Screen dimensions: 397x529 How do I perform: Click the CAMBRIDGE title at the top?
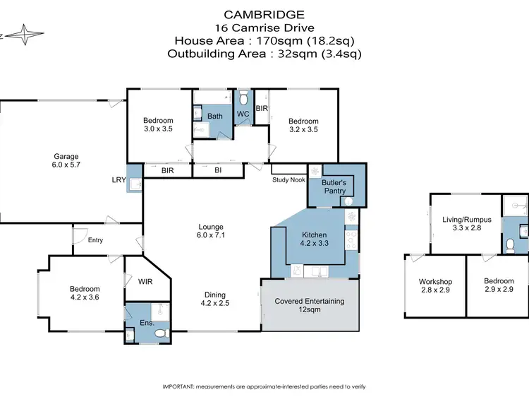[x=264, y=13]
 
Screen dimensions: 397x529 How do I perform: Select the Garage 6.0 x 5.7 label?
[x=67, y=161]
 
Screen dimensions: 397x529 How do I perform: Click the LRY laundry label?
[x=118, y=180]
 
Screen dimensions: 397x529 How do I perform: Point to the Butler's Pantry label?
[x=334, y=186]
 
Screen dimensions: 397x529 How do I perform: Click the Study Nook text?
[x=289, y=179]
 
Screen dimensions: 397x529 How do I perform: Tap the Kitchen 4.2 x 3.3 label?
[x=314, y=239]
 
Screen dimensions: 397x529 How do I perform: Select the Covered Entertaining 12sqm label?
[x=310, y=305]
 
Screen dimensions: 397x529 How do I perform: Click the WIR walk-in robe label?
[x=144, y=281]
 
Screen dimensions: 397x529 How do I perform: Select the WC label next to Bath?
[x=243, y=114]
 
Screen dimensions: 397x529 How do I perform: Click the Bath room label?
[x=214, y=116]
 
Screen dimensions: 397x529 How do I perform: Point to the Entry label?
[x=95, y=240]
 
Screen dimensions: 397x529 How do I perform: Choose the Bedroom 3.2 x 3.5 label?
[x=303, y=125]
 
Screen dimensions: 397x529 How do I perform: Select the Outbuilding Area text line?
[x=264, y=52]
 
